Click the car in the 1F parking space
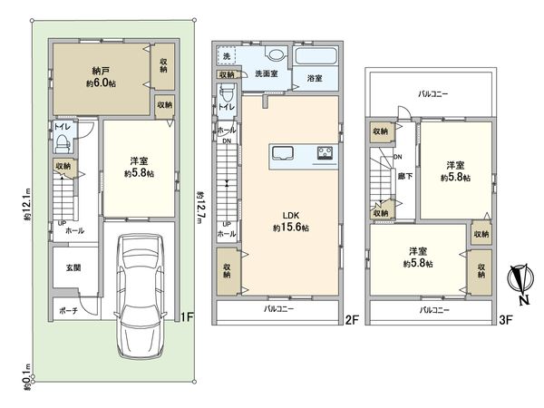click(x=140, y=296)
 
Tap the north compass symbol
click(x=518, y=283)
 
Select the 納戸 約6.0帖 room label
click(x=102, y=77)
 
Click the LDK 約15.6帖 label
click(x=291, y=222)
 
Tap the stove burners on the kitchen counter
click(x=325, y=152)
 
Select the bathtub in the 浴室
click(x=316, y=56)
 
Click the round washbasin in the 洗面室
click(x=277, y=55)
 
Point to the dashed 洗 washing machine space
click(x=227, y=56)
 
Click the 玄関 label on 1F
click(x=73, y=267)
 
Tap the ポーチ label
click(x=68, y=311)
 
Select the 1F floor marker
click(x=187, y=316)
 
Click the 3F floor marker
click(x=506, y=320)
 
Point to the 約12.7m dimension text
click(x=199, y=207)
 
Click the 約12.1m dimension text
click(x=27, y=205)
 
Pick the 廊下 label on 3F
click(x=405, y=176)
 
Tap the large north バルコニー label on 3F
click(x=432, y=93)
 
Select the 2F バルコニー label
click(x=278, y=309)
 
